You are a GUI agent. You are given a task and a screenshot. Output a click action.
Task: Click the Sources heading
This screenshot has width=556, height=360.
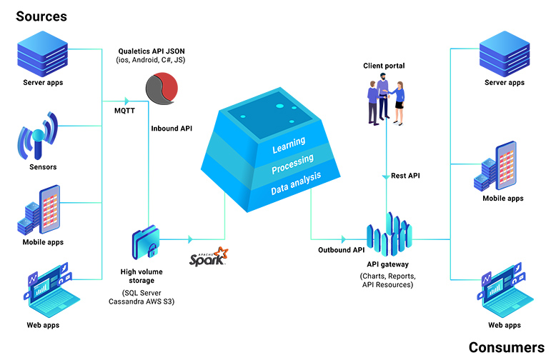point(41,16)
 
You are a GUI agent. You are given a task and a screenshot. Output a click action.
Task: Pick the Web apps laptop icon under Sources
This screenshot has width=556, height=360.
point(44,290)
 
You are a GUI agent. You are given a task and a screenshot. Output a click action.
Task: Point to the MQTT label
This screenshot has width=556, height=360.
point(124,112)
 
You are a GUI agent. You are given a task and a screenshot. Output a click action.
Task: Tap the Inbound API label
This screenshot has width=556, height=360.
point(171,129)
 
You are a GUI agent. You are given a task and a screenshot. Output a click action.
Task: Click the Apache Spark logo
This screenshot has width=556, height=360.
point(209,256)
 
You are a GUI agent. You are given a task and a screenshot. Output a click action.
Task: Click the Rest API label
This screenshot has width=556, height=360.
point(406,176)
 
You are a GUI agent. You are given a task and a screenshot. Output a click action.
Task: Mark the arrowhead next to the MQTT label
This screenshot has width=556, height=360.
point(126,101)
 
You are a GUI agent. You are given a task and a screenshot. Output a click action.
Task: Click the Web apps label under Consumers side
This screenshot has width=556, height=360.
point(504,325)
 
